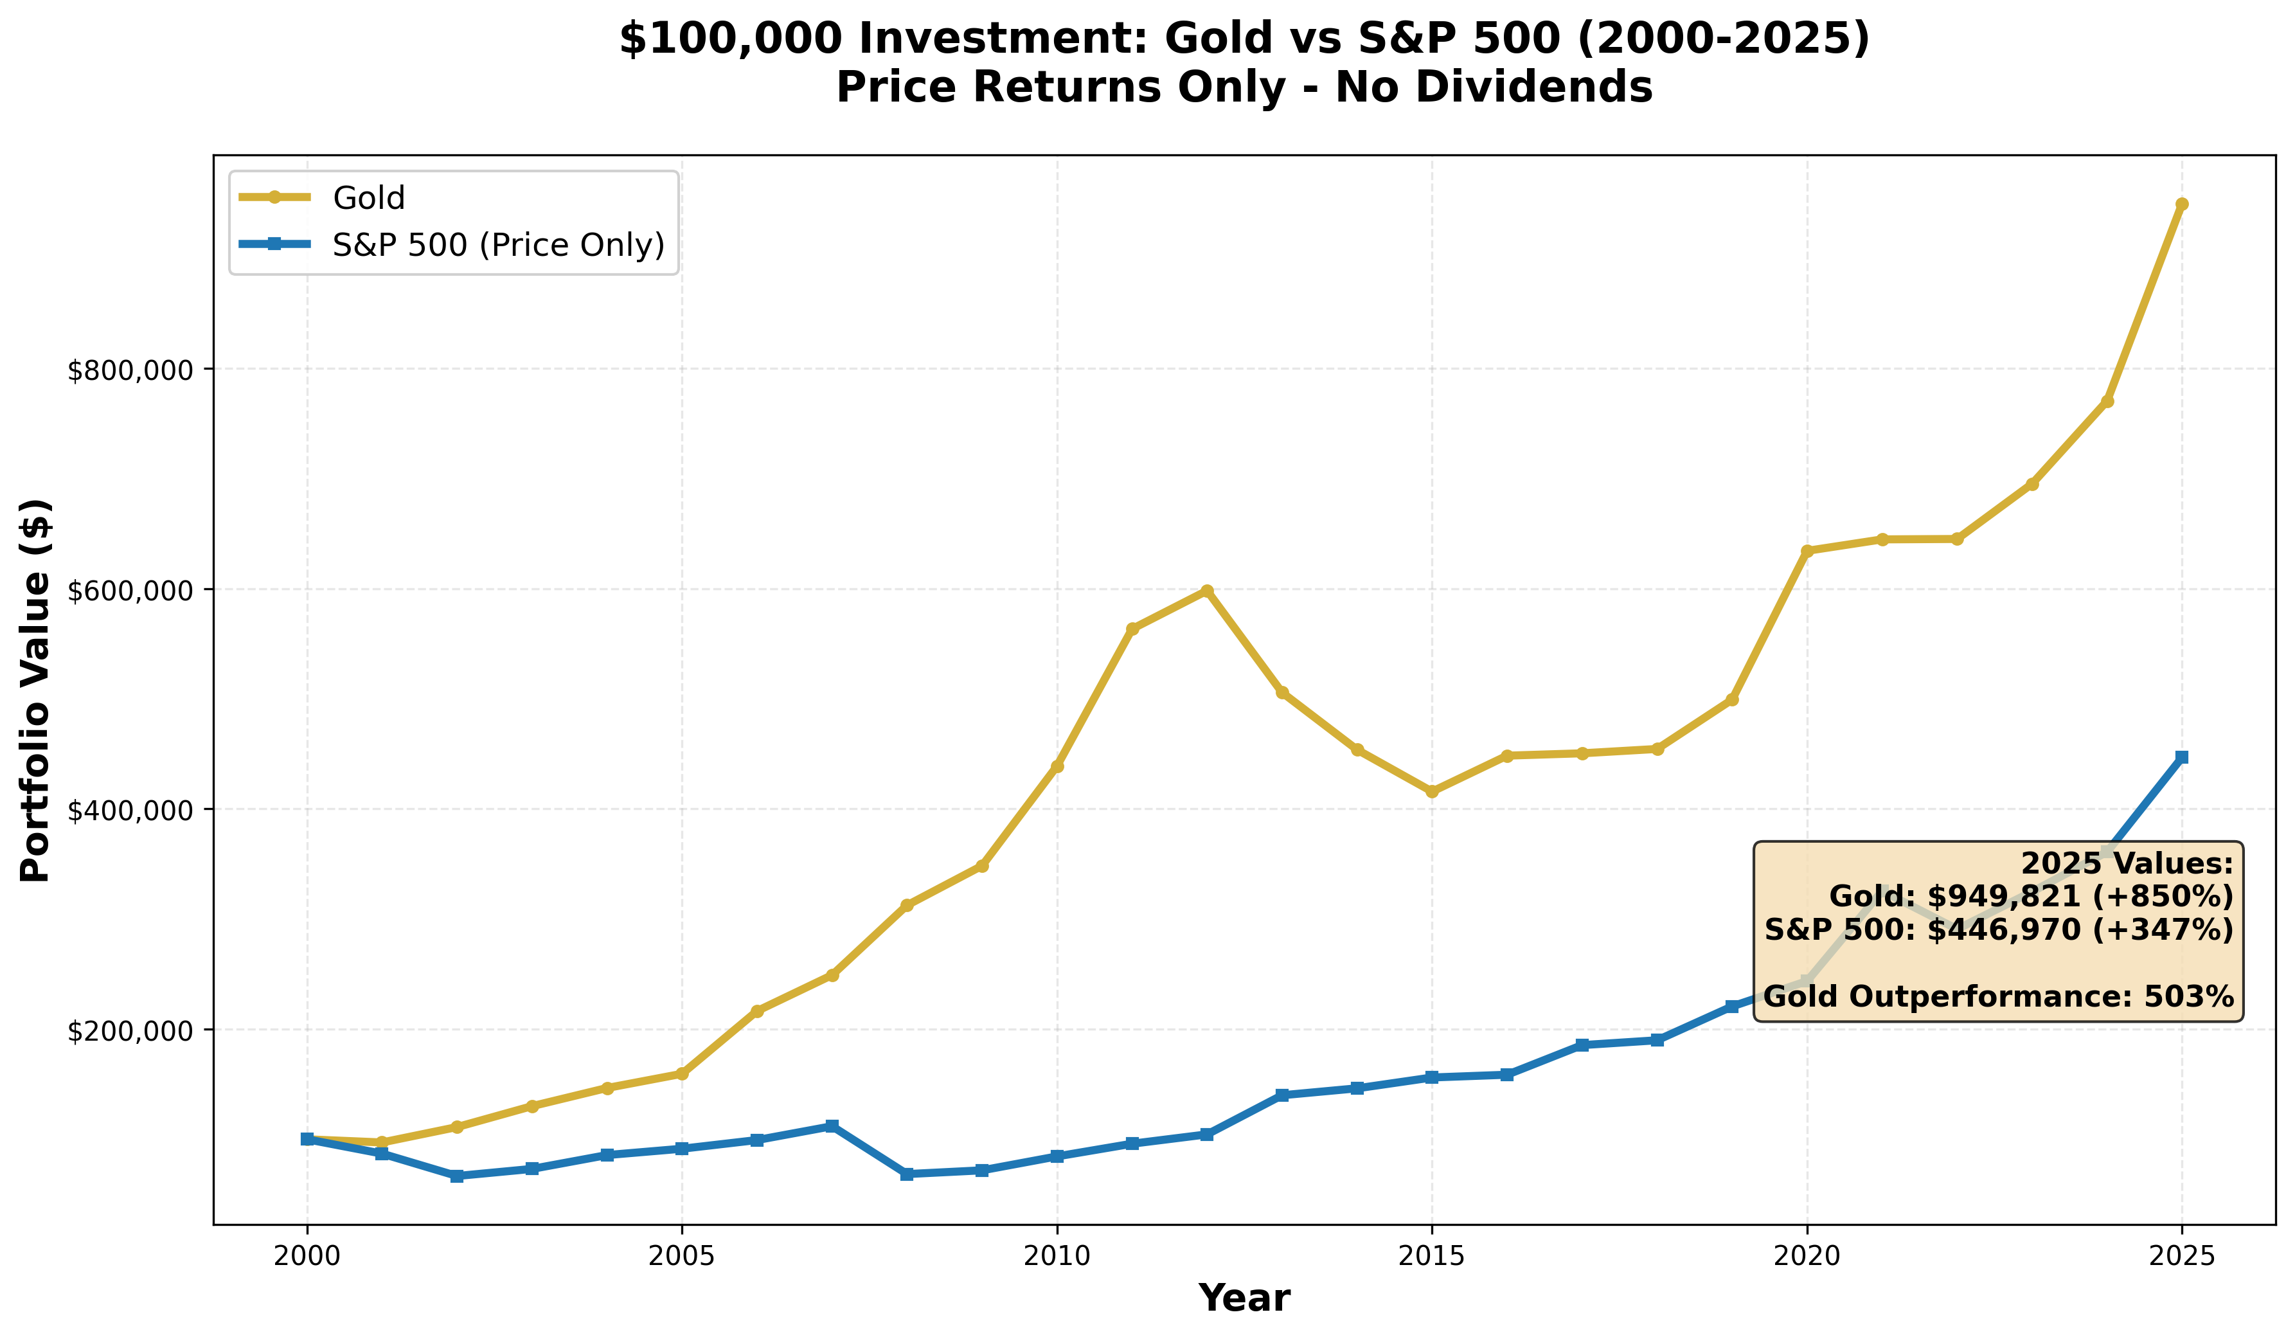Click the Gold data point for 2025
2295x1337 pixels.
[2182, 204]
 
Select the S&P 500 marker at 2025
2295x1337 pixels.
[2182, 757]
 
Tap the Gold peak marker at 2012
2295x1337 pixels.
[1207, 590]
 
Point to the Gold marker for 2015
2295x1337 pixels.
[1432, 791]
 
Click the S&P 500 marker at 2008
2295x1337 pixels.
[907, 1174]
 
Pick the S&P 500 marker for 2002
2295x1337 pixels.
[457, 1176]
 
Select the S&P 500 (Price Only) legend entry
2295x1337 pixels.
[498, 244]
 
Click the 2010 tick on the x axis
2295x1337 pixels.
[1057, 1257]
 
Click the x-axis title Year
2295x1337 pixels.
[1244, 1298]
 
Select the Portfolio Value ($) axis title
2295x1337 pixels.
[37, 690]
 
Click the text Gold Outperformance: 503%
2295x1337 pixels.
[1998, 996]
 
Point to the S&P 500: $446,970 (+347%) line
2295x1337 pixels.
[1998, 930]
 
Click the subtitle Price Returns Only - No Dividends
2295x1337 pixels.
[1244, 88]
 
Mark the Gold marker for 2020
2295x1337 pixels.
[1807, 551]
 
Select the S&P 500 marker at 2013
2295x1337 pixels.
[1282, 1095]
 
